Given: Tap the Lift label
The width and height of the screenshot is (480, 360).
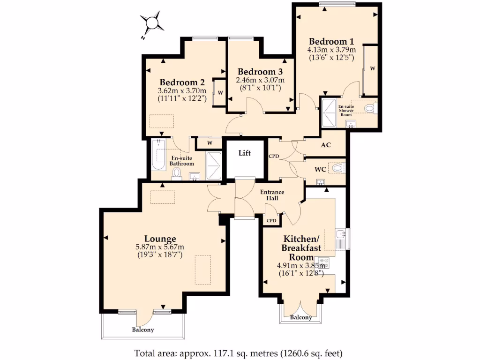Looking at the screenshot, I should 244,153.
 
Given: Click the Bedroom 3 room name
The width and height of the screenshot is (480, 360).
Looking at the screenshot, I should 260,72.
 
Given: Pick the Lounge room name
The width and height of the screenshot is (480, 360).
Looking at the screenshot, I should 160,239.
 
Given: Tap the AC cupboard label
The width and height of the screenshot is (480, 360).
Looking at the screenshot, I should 326,145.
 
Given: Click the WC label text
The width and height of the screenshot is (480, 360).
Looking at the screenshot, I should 321,168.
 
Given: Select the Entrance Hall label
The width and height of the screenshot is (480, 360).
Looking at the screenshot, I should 272,195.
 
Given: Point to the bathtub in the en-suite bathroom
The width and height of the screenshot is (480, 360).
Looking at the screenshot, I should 158,156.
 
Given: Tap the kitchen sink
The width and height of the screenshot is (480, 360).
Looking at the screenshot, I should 341,238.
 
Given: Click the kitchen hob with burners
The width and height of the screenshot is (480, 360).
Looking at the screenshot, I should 323,262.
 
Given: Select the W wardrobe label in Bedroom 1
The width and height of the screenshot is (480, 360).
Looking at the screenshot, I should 373,68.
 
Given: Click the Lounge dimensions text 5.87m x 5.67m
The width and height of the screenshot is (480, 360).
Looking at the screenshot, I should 160,247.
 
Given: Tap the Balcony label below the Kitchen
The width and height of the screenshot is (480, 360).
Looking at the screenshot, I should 300,317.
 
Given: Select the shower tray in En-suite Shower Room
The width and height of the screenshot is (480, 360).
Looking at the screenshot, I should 329,112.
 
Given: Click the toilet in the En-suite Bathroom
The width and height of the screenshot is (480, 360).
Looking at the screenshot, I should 177,174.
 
